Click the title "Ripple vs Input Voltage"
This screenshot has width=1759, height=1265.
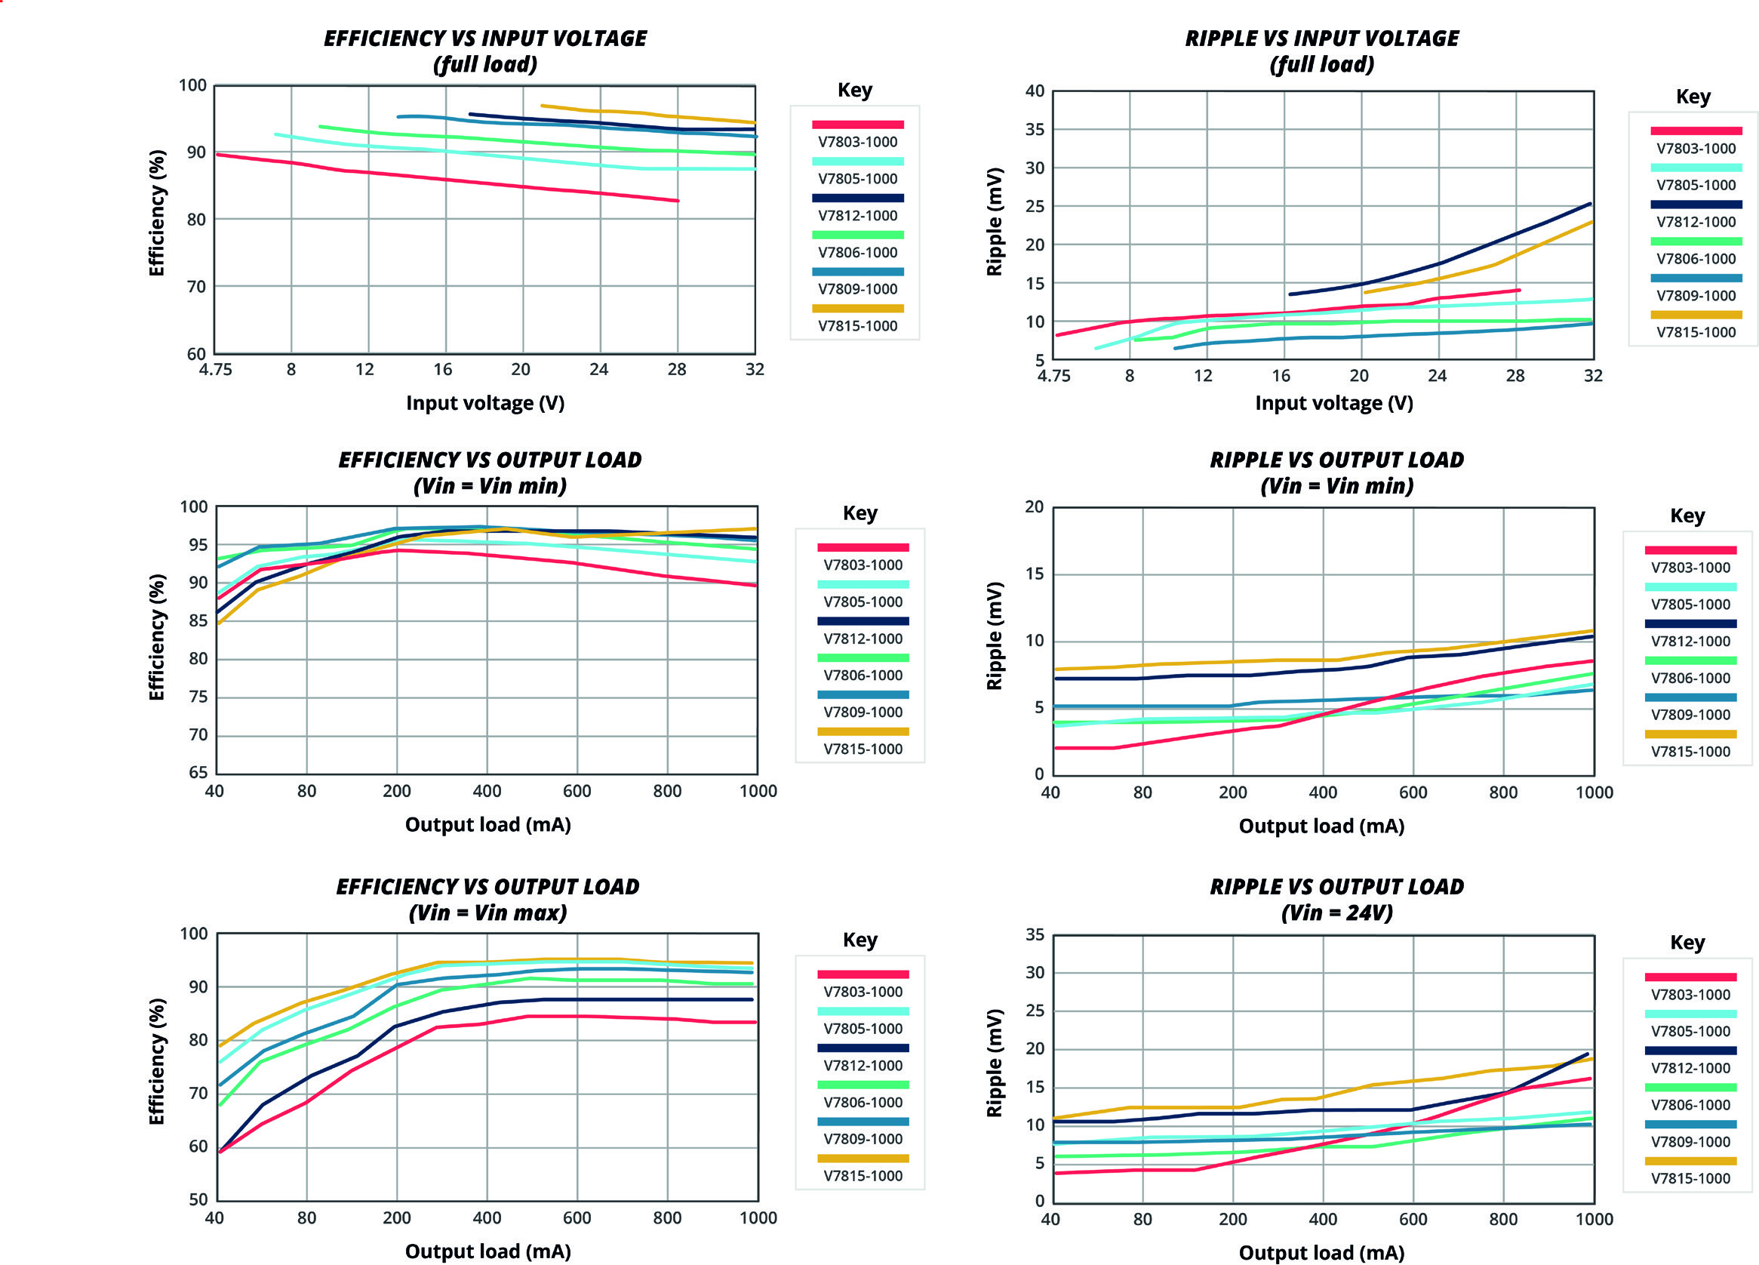click(x=1321, y=38)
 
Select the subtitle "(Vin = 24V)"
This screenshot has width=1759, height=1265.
click(x=1336, y=912)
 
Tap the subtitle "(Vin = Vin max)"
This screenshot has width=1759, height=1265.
click(x=487, y=912)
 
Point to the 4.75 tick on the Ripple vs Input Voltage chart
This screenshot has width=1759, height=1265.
click(x=1053, y=376)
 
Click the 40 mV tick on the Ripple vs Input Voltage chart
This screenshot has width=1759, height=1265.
click(x=1035, y=91)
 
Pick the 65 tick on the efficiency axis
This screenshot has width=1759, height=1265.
click(x=198, y=771)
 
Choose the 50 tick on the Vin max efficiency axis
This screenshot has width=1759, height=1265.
click(x=198, y=1199)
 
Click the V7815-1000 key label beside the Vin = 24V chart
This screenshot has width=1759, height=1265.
click(x=1690, y=1178)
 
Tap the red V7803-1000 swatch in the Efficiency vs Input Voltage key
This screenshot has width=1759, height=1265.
click(x=858, y=124)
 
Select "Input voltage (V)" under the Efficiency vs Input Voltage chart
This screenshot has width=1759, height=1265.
click(x=484, y=403)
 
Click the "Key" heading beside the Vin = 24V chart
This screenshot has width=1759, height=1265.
click(x=1687, y=943)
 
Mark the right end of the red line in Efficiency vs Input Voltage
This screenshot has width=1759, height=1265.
click(x=678, y=201)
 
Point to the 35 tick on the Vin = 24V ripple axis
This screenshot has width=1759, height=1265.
click(x=1035, y=934)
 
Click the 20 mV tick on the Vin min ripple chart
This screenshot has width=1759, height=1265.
click(x=1035, y=506)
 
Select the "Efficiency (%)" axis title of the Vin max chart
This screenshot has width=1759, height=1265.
click(x=157, y=1061)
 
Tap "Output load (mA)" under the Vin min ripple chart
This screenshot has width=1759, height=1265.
click(x=1321, y=826)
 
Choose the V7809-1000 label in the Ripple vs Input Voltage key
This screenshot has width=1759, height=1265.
click(x=1696, y=296)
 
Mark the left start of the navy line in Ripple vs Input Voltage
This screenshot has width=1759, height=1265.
click(x=1290, y=294)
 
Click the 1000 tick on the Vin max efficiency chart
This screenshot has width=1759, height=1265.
click(x=758, y=1217)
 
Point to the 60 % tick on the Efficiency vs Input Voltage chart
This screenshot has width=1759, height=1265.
click(x=196, y=354)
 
